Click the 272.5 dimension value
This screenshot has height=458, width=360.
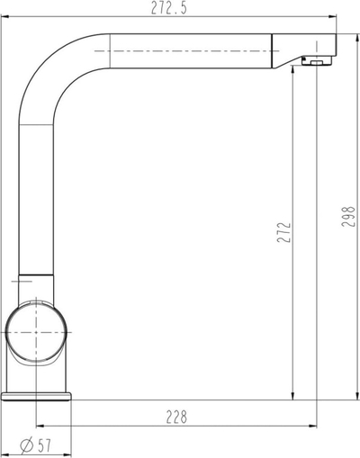[168, 8]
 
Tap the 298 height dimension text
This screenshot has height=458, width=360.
[348, 216]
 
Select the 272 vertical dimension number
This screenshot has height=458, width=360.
[284, 232]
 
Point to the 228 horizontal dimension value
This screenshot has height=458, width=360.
[176, 417]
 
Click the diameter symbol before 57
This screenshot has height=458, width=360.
[26, 446]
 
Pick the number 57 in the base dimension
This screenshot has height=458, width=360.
[44, 446]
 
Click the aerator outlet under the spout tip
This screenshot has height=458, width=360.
[317, 62]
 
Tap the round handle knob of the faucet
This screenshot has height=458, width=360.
[36, 332]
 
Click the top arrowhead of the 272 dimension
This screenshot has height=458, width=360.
[292, 69]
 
